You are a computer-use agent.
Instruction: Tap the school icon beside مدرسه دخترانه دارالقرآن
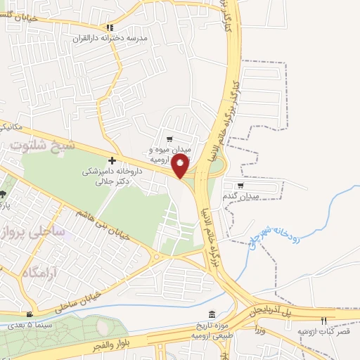coord(109,28)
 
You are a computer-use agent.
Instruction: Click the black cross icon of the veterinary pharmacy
coord(112,161)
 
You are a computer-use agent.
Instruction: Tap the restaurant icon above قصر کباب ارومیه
coord(324,321)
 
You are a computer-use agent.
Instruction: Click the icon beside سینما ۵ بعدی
coord(29,314)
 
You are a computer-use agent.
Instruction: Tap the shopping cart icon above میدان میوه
coord(169,139)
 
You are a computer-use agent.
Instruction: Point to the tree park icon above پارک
coord(3,193)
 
